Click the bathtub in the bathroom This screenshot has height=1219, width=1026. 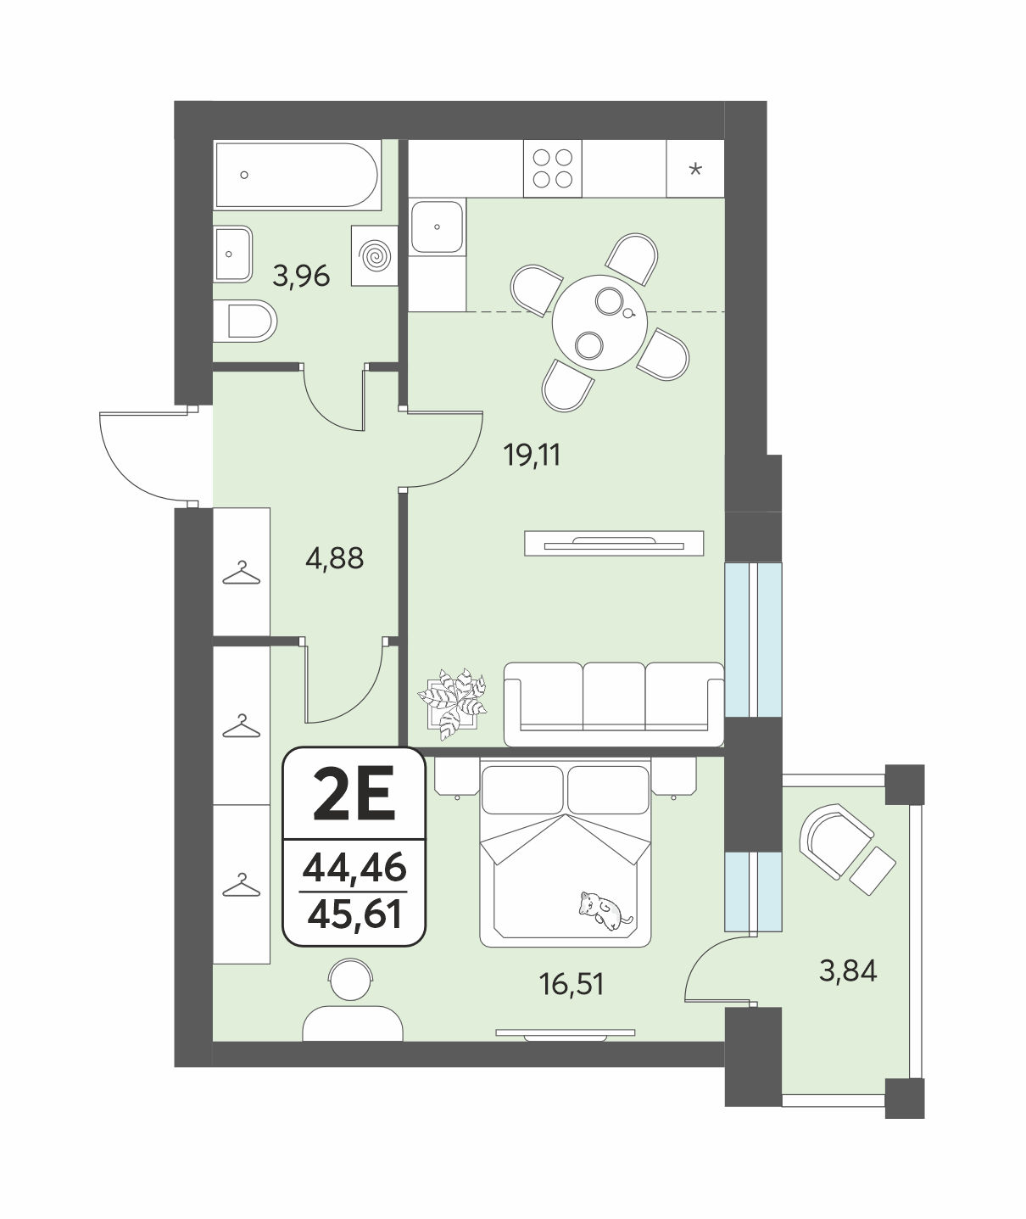click(x=297, y=175)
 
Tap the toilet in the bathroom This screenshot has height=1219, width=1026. click(x=244, y=322)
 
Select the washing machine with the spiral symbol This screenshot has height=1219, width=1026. click(x=374, y=255)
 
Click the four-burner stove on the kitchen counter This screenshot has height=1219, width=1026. click(x=552, y=168)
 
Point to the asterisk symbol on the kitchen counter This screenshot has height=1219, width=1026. click(x=695, y=170)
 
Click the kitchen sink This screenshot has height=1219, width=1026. click(x=438, y=227)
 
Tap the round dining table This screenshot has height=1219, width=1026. click(x=599, y=322)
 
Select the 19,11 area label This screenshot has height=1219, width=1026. click(x=532, y=455)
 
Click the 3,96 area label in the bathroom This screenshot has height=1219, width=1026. click(x=301, y=276)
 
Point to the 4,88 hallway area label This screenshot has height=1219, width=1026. click(x=334, y=558)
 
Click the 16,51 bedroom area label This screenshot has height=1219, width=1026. click(x=572, y=984)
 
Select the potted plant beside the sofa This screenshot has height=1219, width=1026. click(x=453, y=703)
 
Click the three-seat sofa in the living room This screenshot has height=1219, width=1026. click(x=613, y=703)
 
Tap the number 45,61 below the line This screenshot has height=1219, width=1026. click(x=354, y=914)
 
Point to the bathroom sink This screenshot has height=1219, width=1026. click(x=233, y=254)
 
